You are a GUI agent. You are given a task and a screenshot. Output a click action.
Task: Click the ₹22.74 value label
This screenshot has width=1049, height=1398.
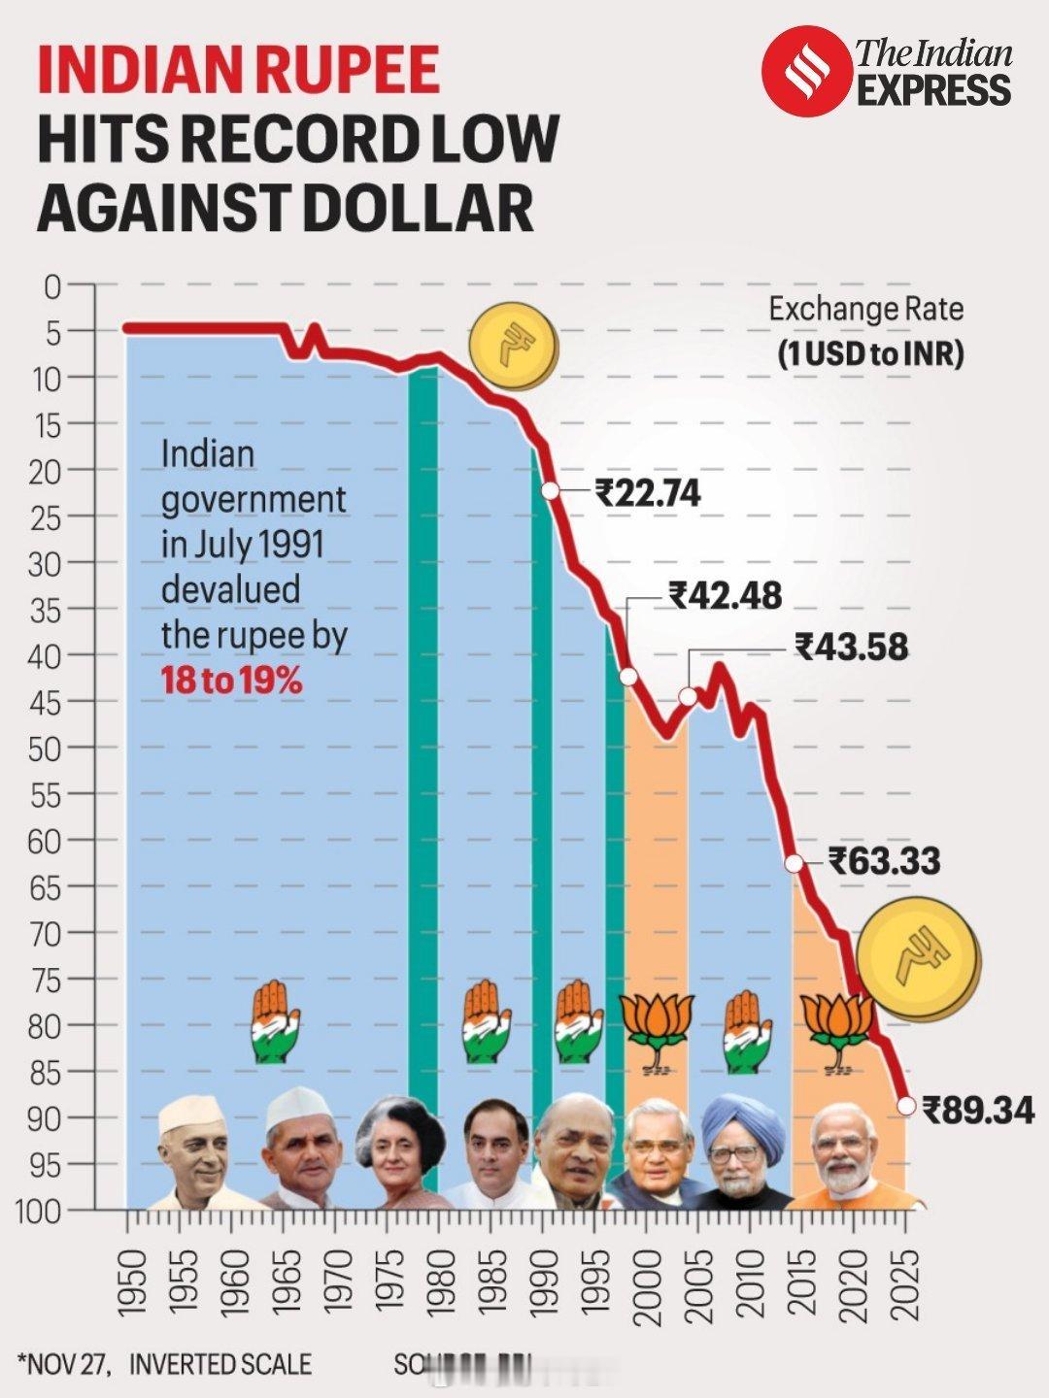[648, 493]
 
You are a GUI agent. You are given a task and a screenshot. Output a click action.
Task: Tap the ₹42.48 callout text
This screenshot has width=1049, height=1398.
[725, 595]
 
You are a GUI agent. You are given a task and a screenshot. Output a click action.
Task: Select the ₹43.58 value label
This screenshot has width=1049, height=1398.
[852, 647]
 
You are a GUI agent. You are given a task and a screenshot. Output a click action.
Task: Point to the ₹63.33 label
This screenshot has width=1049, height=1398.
[884, 861]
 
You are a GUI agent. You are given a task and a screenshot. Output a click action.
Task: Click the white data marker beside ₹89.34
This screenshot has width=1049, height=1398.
[906, 1105]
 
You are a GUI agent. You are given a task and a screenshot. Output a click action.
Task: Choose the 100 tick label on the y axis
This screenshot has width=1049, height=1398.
[39, 1211]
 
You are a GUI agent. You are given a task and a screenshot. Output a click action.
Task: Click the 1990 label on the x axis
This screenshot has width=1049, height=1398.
[545, 1283]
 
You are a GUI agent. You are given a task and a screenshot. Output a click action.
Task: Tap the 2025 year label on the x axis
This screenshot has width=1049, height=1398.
[906, 1283]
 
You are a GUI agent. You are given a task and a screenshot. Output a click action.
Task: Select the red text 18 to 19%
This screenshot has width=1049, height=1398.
[231, 681]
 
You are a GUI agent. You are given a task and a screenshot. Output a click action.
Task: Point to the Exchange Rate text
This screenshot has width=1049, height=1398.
[865, 310]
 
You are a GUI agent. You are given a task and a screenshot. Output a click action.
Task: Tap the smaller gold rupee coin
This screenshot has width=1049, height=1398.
[514, 346]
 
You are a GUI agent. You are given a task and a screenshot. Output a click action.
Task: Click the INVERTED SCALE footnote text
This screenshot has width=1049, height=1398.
[220, 1364]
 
